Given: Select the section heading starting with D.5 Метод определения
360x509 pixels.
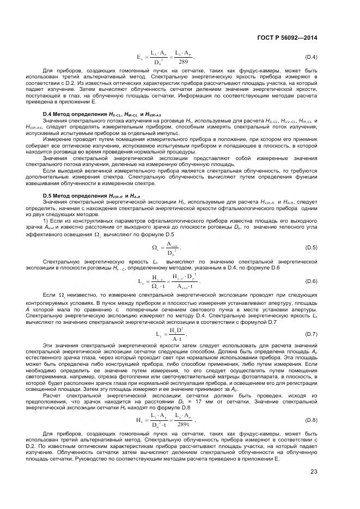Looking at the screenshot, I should (x=87, y=195).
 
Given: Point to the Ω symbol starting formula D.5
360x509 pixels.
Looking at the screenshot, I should (x=155, y=248).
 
